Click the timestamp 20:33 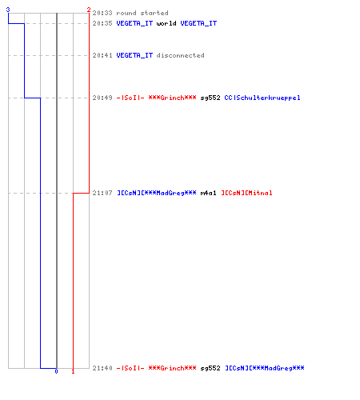pos(102,13)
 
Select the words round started pos(142,13)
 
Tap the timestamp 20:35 pos(102,23)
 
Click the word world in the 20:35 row pos(166,23)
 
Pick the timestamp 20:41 pos(102,55)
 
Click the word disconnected pos(180,55)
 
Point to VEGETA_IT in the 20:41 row pos(134,55)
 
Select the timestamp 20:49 pos(102,98)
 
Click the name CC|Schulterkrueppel pos(262,98)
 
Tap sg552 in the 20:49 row pos(210,98)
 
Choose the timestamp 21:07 pos(102,193)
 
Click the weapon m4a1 pos(208,193)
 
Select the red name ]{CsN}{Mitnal pos(246,193)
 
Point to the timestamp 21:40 pos(102,368)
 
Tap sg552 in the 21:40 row pos(210,368)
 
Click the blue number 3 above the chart pos(8,10)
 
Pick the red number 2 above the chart pos(89,10)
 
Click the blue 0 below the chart pos(56,371)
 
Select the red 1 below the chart pos(73,371)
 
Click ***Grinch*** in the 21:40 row pos(172,368)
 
